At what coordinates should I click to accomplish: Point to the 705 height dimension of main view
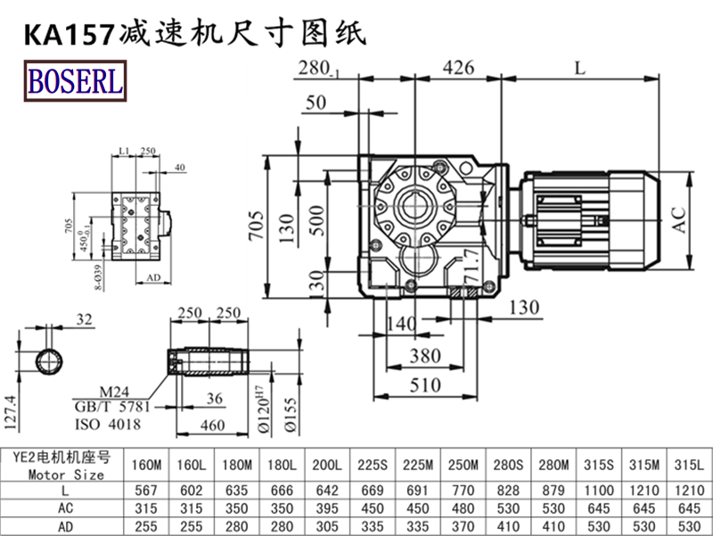click(256, 228)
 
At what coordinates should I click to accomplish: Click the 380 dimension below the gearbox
click(425, 356)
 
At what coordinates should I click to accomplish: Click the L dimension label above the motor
click(581, 68)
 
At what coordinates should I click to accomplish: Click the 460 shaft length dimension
click(212, 425)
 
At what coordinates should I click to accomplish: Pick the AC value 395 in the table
click(326, 507)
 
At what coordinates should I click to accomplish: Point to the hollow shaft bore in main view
click(417, 204)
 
